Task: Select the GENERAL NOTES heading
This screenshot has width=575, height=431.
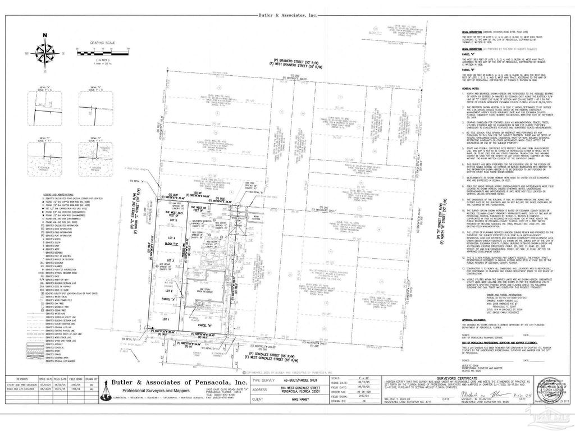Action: pyautogui.click(x=471, y=89)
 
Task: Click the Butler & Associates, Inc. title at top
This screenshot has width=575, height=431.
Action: pyautogui.click(x=287, y=15)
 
